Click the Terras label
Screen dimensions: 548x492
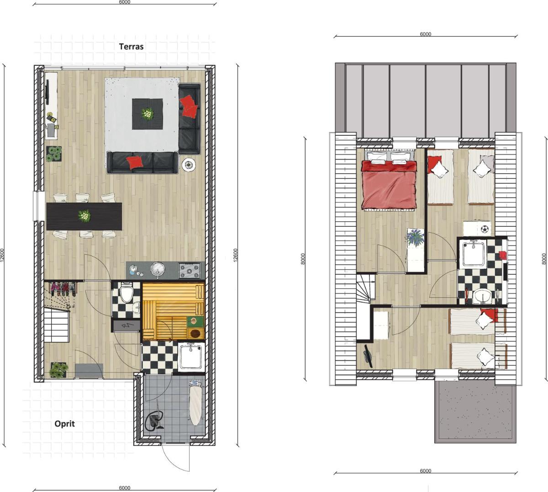tap(131, 47)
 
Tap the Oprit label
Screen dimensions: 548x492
tap(65, 424)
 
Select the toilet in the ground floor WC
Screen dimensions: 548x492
tap(126, 293)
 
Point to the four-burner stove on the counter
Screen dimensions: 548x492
tap(190, 270)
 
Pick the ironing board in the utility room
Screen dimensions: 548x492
tap(195, 405)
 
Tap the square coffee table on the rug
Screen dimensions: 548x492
tap(148, 114)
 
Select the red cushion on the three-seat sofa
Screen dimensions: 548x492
tap(134, 162)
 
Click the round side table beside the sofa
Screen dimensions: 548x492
tap(189, 164)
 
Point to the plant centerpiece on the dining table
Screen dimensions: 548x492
tap(84, 216)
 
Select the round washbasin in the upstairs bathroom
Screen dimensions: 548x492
tap(483, 296)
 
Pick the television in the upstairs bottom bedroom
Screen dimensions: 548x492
tap(368, 356)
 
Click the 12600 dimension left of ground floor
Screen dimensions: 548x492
tap(2, 256)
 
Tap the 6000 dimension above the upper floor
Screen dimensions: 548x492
tap(426, 34)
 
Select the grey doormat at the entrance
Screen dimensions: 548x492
tap(89, 371)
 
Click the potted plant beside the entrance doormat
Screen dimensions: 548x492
tap(59, 370)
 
